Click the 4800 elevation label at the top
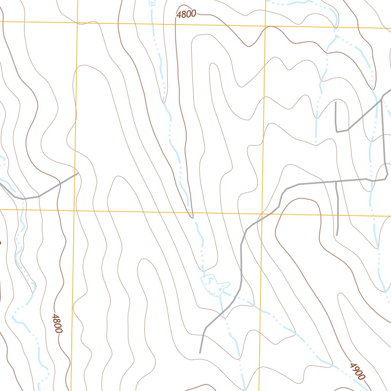pos(186,14)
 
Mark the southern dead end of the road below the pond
pos(200,352)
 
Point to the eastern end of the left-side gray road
pos(78,173)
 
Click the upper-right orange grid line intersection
pos(265,27)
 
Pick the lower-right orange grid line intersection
pos(262,213)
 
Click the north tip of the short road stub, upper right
pos(335,102)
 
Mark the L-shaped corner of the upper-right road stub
pos(336,132)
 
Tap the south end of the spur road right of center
pos(337,235)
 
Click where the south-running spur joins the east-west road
pos(336,181)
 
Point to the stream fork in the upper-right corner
pos(336,35)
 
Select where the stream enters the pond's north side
pos(203,274)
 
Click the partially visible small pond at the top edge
pos(152,2)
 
